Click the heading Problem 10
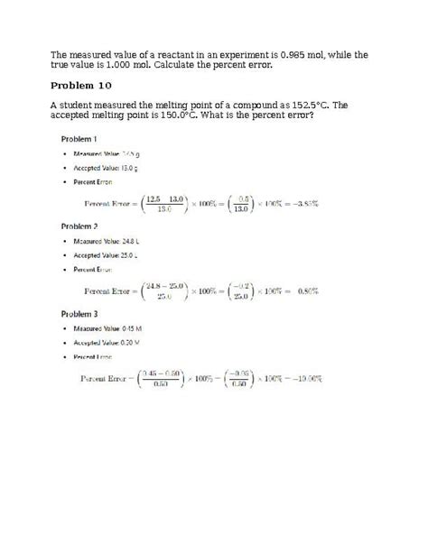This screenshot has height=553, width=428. pos(81,86)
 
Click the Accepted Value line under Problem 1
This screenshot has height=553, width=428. pos(107,168)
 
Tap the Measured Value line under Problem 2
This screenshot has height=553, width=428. pos(108,241)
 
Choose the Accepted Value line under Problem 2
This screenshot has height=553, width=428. pos(107,255)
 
